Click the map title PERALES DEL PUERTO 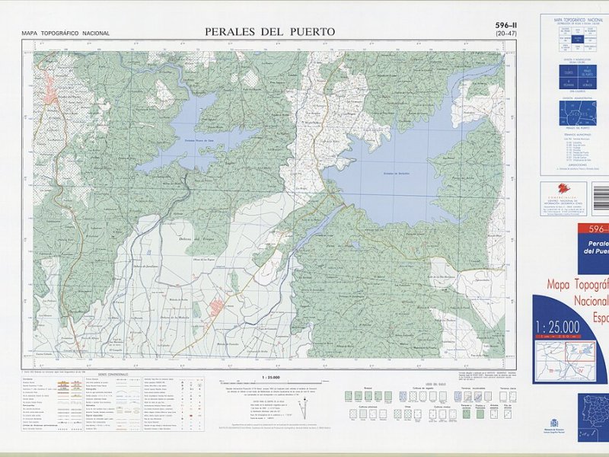(269, 31)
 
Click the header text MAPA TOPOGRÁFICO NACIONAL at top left (65, 34)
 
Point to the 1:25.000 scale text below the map (271, 378)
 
